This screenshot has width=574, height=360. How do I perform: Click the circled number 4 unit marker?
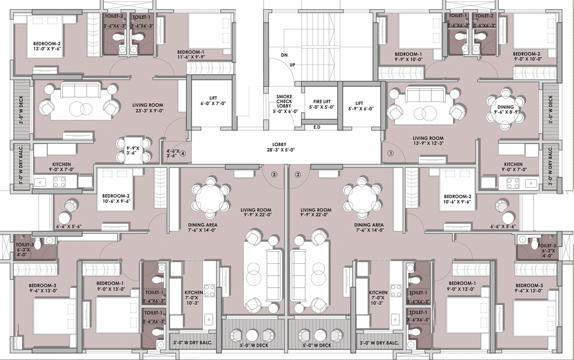(182, 154)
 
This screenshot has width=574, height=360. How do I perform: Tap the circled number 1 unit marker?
(390, 153)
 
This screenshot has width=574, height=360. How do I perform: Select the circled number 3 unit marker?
(274, 175)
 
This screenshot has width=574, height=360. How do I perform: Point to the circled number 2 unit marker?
(298, 175)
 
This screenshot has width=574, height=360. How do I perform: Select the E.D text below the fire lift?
(317, 127)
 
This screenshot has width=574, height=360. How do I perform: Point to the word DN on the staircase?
(284, 55)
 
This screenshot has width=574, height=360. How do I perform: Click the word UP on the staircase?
(292, 65)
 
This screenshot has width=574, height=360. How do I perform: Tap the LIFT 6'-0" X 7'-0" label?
(213, 101)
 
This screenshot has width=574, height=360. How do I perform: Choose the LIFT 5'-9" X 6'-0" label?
(361, 106)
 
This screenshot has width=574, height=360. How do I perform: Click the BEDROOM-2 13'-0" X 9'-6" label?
(47, 46)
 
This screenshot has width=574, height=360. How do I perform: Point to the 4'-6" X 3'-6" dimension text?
(173, 154)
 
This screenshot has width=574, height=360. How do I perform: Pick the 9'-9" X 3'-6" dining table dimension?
(133, 150)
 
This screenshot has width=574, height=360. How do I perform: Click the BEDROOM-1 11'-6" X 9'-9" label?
(191, 55)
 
